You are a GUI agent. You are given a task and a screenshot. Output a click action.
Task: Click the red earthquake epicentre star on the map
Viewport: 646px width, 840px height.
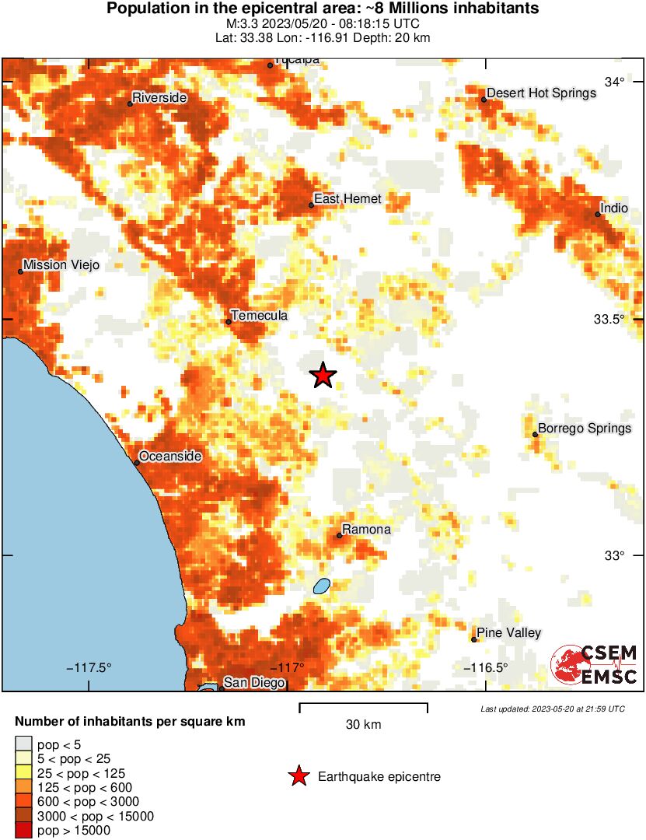(x=323, y=375)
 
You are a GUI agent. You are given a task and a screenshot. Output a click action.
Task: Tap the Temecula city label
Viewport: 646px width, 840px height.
(x=260, y=315)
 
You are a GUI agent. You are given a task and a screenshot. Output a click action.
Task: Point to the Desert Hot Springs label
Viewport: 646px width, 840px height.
(x=541, y=93)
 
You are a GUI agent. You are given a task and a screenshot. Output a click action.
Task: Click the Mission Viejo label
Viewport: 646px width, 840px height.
(x=61, y=265)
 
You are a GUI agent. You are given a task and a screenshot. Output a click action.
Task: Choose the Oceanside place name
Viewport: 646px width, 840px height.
(x=170, y=457)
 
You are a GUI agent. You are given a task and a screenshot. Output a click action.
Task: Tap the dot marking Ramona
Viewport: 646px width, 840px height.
(x=340, y=535)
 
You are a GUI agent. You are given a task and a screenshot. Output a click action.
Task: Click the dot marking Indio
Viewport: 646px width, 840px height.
(x=599, y=214)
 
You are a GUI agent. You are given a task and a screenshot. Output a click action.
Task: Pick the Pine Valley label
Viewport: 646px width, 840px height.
(x=508, y=632)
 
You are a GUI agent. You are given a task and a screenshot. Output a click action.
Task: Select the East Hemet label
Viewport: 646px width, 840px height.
(x=347, y=198)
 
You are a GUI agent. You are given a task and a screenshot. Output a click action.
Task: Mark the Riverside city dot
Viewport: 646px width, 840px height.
(x=130, y=103)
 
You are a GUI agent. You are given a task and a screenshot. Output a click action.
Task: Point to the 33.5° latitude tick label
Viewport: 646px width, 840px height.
(x=611, y=320)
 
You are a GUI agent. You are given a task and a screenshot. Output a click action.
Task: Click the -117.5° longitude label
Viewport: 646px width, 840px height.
(x=89, y=667)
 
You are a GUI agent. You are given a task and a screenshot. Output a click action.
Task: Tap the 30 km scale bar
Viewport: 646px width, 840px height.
(x=363, y=706)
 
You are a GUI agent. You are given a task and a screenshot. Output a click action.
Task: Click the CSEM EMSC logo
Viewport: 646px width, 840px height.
(x=595, y=664)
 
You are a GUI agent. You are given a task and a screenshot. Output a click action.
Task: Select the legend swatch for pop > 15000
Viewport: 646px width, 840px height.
(x=24, y=830)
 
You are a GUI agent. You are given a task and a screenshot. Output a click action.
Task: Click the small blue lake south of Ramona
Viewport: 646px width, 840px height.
(x=321, y=586)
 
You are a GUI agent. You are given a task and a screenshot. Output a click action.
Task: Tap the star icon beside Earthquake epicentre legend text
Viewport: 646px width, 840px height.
(x=298, y=776)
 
